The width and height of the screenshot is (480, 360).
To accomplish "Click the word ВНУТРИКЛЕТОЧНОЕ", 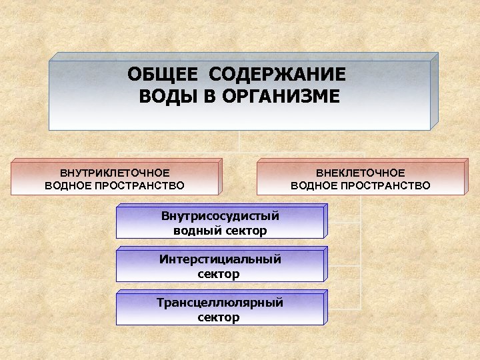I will coord(115,173).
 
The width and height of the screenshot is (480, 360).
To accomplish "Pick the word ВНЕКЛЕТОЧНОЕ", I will coord(361,173).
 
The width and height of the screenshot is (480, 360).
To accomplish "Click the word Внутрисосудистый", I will coord(219,216).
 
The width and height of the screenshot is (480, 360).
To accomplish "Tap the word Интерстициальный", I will coord(219,259).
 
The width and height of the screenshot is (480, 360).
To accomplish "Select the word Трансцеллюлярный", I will coord(219,303).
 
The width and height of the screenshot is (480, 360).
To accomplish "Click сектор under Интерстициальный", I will coord(219,274).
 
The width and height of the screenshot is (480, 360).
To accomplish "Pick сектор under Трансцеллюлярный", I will coord(219,317).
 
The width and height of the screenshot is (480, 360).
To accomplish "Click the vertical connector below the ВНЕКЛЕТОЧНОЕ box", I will coord(361,253).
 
